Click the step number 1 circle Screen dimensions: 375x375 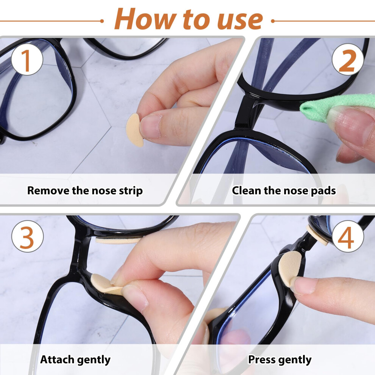(x=27, y=60)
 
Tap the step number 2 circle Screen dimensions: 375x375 (x=348, y=60)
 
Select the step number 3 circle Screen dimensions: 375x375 (x=28, y=236)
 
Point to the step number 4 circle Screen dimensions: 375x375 (x=348, y=236)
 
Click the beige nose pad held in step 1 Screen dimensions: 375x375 (x=134, y=130)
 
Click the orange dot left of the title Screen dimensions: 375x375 (x=102, y=21)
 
